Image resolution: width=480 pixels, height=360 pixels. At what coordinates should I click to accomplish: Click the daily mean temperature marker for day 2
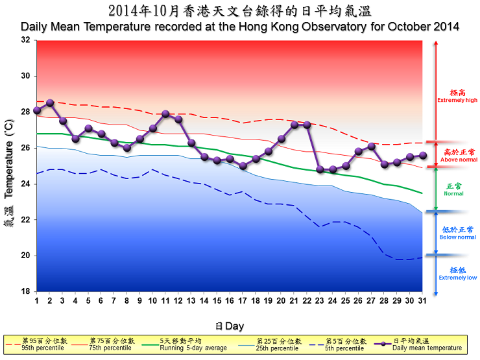[50, 102]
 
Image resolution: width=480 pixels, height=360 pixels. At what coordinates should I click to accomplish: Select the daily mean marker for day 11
[165, 114]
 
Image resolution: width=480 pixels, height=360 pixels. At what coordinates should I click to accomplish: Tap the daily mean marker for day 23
[320, 169]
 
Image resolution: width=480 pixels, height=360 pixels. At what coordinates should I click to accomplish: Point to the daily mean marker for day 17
[243, 166]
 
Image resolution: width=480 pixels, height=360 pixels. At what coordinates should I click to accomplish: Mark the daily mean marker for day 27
[371, 146]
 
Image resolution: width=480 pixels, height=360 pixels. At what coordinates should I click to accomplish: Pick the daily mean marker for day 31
[423, 155]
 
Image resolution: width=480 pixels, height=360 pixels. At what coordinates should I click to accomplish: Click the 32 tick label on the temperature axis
[26, 40]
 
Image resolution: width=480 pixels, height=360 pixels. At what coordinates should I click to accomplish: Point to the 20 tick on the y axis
[26, 256]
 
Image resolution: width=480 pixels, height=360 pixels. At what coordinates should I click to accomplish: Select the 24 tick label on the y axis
[26, 184]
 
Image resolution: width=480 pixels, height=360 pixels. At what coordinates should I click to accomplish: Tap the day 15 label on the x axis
[217, 301]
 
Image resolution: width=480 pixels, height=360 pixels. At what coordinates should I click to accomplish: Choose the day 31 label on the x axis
[422, 301]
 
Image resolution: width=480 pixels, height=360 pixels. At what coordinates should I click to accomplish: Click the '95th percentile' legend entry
[41, 348]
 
